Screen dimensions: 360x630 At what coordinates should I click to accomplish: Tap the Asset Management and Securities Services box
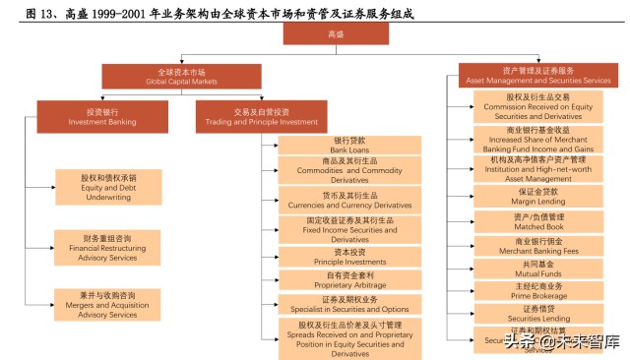(x=536, y=75)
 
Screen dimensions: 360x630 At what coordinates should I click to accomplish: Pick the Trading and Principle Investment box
(x=261, y=116)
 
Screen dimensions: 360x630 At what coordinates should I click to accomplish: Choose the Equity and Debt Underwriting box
(x=108, y=187)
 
